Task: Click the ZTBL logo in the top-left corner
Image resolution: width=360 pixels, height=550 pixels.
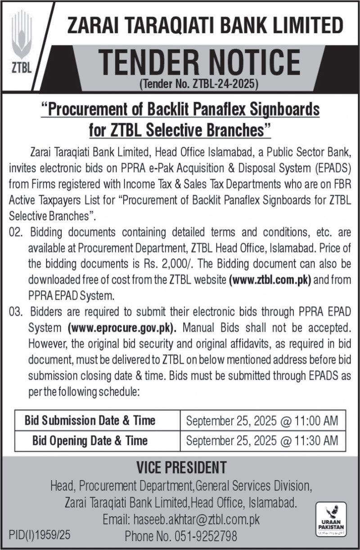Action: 22,43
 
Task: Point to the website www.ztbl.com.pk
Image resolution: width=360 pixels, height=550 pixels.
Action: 270,279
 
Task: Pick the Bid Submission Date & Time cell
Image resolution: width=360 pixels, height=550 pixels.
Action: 90,420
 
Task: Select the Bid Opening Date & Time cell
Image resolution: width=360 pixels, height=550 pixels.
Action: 90,440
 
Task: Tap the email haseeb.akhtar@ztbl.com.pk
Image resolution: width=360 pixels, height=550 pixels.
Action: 197,520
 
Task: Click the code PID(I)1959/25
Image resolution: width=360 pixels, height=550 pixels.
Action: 40,536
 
